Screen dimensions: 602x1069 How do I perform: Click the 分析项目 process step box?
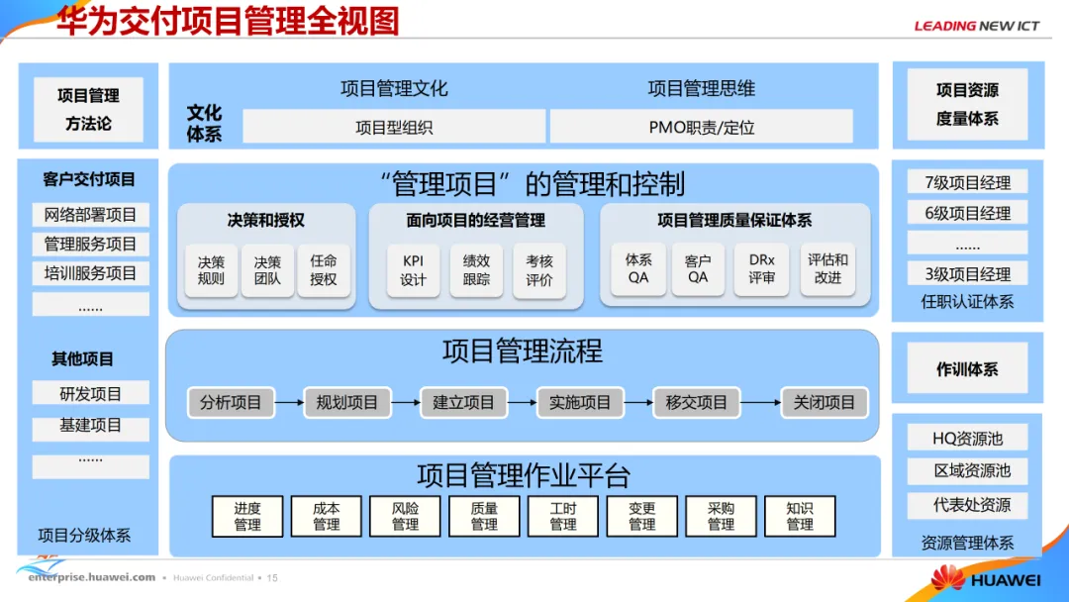231,402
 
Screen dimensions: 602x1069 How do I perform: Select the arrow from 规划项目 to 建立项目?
405,402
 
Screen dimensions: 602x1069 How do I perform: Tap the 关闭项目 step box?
825,402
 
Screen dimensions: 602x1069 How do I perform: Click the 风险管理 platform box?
405,516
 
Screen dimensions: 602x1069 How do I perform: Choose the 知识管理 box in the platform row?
800,516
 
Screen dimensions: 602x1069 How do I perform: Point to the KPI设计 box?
413,270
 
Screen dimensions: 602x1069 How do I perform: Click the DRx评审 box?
761,269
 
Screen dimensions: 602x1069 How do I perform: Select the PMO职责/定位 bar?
701,127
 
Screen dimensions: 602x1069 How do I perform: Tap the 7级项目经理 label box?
967,182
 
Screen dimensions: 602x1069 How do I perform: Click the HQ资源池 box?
967,438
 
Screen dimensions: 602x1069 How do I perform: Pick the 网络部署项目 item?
90,215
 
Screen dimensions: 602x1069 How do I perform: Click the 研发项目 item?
90,393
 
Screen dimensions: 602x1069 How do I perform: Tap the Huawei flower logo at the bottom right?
947,577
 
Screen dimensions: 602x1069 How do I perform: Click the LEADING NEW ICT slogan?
976,26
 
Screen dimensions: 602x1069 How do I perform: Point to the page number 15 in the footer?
272,577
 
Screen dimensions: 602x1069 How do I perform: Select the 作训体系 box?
967,369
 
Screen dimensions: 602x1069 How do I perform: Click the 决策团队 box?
267,270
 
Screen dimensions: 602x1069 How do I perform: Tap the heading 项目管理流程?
522,351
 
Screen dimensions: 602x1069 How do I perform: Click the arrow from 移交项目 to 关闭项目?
760,402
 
